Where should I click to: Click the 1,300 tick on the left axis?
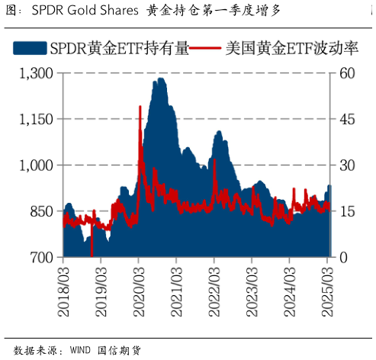pos(36,73)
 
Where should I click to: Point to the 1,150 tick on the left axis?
pos(36,119)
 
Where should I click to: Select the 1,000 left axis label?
pos(36,166)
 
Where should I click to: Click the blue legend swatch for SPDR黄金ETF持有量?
pos(31,48)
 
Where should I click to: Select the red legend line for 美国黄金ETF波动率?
pos(204,48)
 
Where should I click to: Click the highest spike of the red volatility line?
pos(140,107)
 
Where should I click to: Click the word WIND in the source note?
pos(80,350)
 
